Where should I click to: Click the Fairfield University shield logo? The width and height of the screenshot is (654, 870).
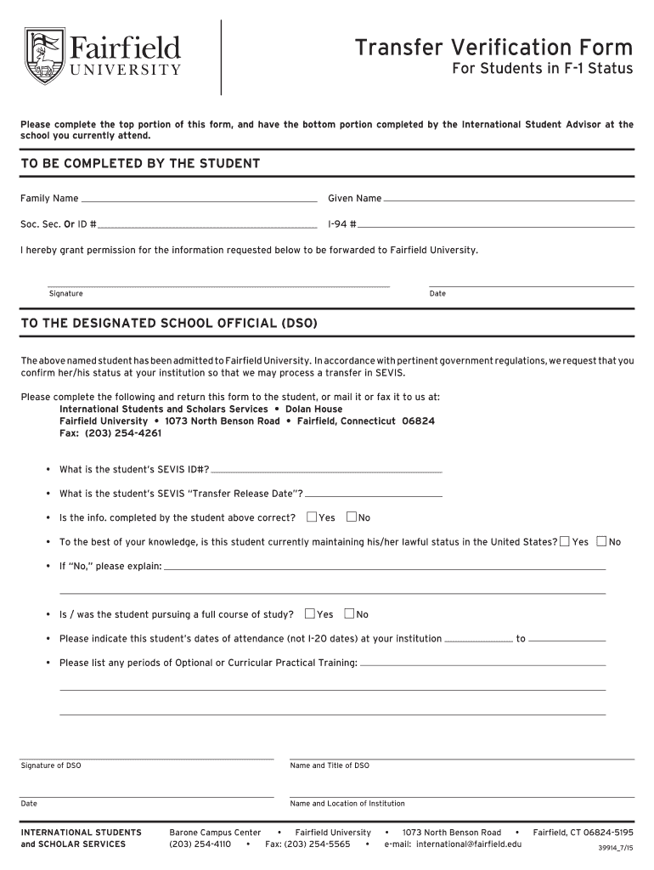point(45,56)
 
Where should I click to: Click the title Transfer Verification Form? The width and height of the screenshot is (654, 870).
point(493,47)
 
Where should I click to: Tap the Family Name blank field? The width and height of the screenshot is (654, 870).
point(199,200)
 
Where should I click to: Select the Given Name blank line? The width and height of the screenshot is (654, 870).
point(509,200)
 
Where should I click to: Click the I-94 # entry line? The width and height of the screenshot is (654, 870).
point(496,226)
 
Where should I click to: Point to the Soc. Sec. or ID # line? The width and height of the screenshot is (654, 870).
point(207,226)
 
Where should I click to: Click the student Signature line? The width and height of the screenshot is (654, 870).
point(218,285)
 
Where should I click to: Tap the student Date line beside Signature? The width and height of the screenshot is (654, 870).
point(531,285)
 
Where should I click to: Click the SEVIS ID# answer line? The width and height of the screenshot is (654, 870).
point(326,470)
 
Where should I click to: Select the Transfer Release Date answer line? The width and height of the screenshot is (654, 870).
point(373,494)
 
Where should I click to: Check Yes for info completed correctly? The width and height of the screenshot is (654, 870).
point(311,517)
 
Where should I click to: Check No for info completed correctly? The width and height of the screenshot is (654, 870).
point(352,517)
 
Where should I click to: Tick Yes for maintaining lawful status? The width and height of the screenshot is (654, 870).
point(565,541)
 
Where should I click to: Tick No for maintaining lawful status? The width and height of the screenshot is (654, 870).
point(601,541)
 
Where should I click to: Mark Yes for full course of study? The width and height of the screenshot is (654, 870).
point(309,613)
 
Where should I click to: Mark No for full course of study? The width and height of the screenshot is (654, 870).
point(350,613)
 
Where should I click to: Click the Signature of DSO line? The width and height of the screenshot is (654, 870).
point(147,756)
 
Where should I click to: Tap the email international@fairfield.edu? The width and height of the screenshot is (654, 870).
point(453,845)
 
